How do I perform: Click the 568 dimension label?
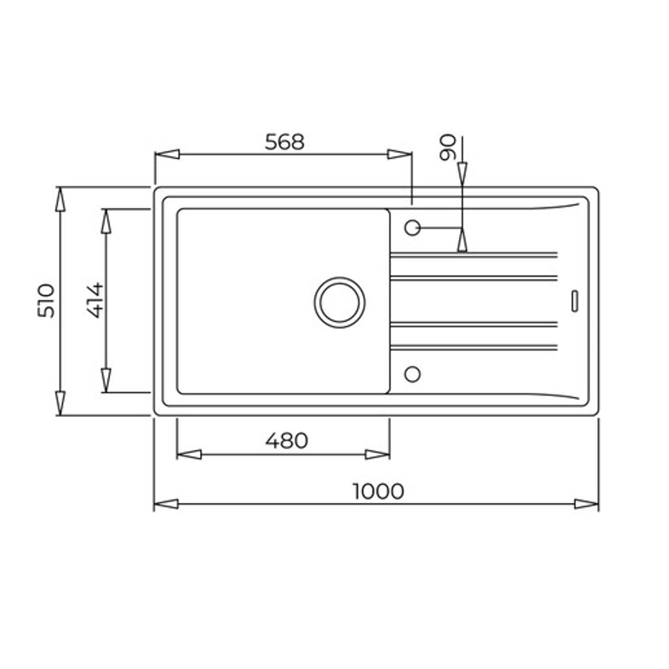(x=284, y=142)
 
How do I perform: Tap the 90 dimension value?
(x=448, y=147)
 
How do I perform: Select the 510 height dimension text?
(x=46, y=301)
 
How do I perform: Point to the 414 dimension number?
(x=94, y=300)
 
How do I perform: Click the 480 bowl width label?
(x=286, y=440)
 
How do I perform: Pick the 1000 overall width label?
(x=378, y=491)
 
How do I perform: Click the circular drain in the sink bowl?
(x=340, y=303)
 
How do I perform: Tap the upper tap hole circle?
(x=412, y=228)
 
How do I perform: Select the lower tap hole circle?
(x=412, y=374)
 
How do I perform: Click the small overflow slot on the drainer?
(x=575, y=301)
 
